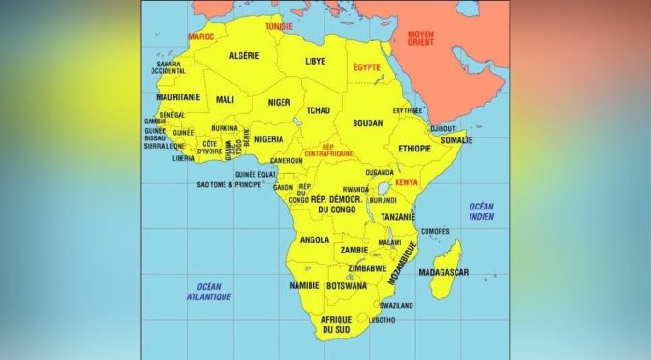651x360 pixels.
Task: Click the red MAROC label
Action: [x=201, y=36]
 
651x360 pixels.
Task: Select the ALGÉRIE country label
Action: [x=244, y=56]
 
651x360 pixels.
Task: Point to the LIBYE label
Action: [x=315, y=61]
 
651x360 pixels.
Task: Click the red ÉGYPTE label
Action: [x=368, y=68]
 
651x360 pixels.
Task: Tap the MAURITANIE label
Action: [x=178, y=96]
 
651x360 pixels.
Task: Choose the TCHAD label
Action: [x=318, y=110]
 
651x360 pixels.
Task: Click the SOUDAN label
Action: [x=369, y=122]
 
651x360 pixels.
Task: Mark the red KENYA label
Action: [x=407, y=181]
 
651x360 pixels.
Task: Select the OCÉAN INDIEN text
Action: [x=482, y=211]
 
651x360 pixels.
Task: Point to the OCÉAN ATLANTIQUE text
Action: [x=209, y=291]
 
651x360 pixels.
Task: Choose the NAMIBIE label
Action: [x=304, y=285]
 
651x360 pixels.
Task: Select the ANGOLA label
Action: [x=314, y=239]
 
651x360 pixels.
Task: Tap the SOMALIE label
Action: [x=456, y=140]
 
